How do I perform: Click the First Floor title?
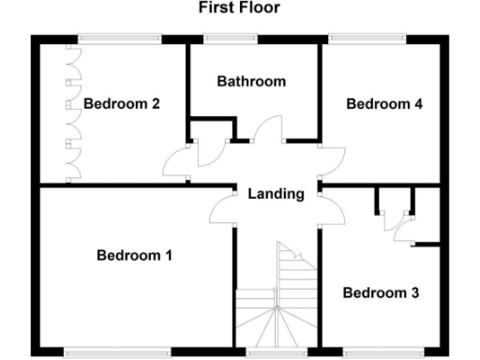tap(238, 8)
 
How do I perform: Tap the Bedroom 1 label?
tap(135, 254)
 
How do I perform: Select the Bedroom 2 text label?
tap(122, 104)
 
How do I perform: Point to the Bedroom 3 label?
tap(380, 292)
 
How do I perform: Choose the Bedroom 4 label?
tap(384, 104)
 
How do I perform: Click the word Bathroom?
tap(251, 82)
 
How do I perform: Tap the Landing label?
tap(276, 195)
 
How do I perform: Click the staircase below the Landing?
tap(277, 300)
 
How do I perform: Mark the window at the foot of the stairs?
tap(277, 353)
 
